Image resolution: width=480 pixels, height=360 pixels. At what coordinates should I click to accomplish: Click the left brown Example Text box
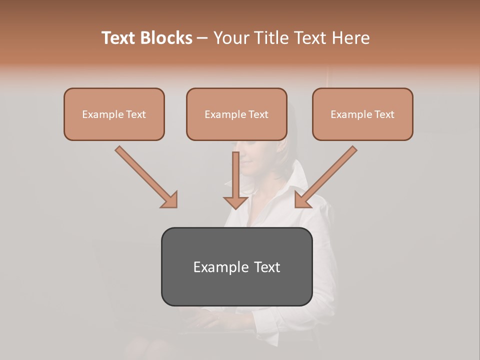pos(114,114)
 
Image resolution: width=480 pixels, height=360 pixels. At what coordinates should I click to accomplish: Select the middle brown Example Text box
pos(236,114)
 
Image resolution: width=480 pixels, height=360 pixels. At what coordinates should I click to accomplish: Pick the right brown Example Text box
pos(362,114)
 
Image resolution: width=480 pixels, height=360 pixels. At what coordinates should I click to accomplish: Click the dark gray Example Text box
pos(236,266)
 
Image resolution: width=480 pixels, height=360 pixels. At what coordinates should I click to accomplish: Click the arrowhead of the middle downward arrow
pos(236,202)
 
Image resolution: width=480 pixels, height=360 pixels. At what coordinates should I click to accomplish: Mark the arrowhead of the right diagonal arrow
pos(302,200)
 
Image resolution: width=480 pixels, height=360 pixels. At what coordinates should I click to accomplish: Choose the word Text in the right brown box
pos(384,114)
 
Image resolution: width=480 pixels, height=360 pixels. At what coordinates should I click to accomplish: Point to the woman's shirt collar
pos(295,180)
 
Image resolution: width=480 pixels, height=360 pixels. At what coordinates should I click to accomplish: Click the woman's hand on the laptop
pos(210,317)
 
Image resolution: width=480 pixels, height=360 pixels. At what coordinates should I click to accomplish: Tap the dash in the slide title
pos(202,38)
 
